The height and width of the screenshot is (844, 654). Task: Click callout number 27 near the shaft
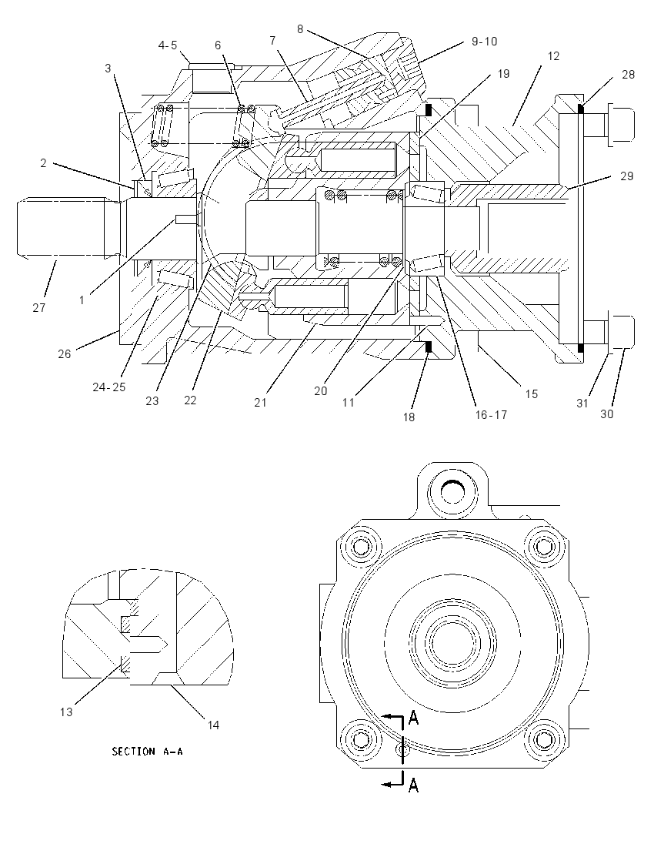pyautogui.click(x=38, y=308)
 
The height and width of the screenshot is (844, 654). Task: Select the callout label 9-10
pyautogui.click(x=484, y=42)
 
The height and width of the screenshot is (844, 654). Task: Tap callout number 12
pyautogui.click(x=553, y=56)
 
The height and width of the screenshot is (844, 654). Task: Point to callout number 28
pyautogui.click(x=628, y=75)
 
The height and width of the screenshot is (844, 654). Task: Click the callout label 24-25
pyautogui.click(x=108, y=387)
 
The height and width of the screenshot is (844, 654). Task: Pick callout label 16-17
pyautogui.click(x=491, y=414)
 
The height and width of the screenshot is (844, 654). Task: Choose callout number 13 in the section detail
pyautogui.click(x=65, y=712)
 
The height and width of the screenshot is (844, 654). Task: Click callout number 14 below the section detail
pyautogui.click(x=213, y=725)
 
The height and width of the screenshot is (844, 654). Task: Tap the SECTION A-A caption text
pyautogui.click(x=148, y=751)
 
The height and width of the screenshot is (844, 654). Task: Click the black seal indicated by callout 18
pyautogui.click(x=429, y=348)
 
